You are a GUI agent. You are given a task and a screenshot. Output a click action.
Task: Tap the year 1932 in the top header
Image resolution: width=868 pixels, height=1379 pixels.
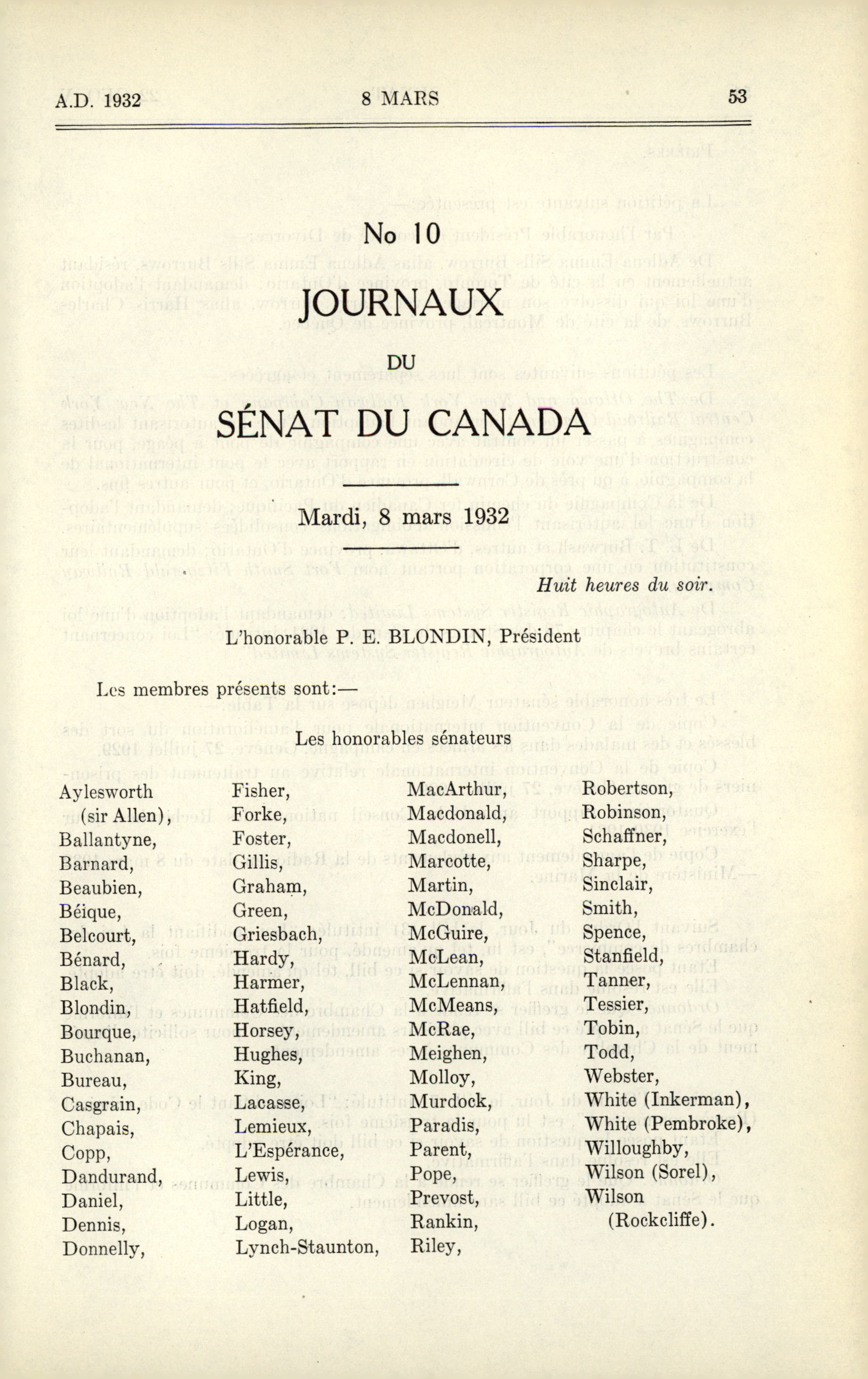coord(122,101)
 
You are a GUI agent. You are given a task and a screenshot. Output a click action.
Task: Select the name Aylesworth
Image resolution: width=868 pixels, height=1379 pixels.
coord(106,792)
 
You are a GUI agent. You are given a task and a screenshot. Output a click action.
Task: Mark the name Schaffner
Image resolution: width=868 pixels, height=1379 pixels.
coord(625,837)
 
